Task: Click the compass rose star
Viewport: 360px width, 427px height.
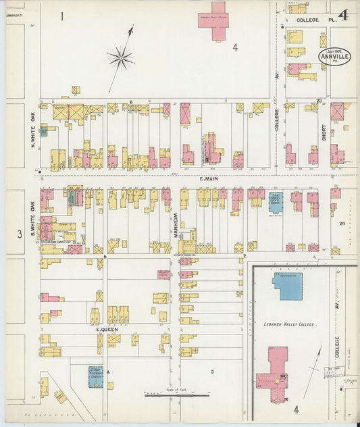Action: (x=121, y=58)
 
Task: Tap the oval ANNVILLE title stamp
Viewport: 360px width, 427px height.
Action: (x=335, y=55)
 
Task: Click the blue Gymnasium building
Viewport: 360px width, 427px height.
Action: (x=288, y=286)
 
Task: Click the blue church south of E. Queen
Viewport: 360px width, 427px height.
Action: (x=96, y=376)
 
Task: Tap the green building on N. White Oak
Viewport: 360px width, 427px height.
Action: (x=44, y=130)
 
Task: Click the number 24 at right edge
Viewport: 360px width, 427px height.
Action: (x=342, y=223)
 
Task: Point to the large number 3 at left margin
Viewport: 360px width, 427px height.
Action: (x=20, y=234)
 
